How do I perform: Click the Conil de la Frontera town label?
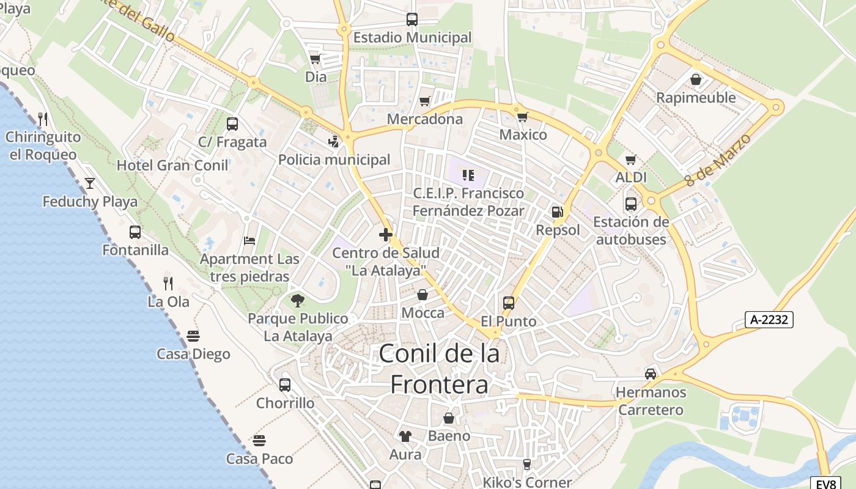(439, 369)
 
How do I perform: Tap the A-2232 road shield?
(769, 319)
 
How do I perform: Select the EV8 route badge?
(825, 483)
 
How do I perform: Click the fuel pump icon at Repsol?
(557, 212)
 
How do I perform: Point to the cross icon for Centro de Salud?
(386, 235)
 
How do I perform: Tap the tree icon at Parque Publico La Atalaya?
(298, 300)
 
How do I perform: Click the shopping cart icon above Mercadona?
(425, 101)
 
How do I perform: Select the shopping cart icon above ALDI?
(631, 160)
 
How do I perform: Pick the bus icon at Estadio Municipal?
(412, 20)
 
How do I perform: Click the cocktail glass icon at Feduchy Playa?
(90, 183)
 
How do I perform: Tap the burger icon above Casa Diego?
(193, 336)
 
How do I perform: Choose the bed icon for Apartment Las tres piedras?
(249, 240)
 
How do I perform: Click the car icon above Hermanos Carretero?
(651, 373)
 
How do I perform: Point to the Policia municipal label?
(334, 160)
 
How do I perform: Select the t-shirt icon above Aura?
(405, 436)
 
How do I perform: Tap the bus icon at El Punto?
(508, 303)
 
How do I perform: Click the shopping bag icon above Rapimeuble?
(696, 79)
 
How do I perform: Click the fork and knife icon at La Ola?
(168, 284)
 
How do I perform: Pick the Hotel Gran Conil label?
(172, 165)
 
